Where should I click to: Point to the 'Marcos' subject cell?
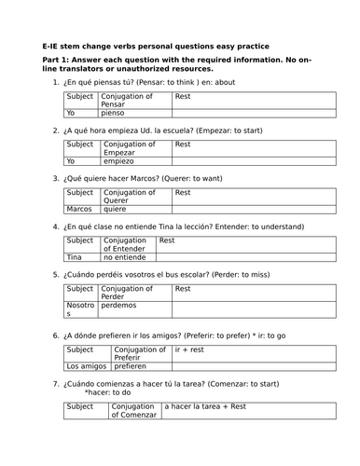(x=80, y=209)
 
